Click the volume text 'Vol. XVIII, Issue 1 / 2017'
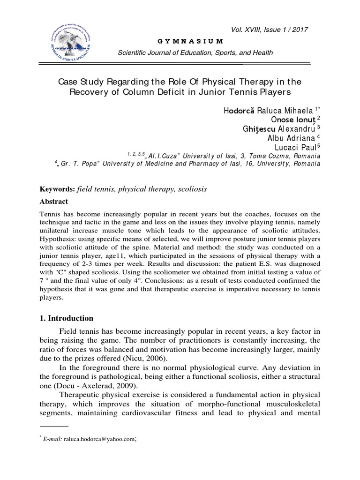(x=281, y=29)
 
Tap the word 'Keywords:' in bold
(x=56, y=188)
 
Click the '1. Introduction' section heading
(x=66, y=318)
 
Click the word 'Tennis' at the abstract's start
(x=50, y=213)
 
